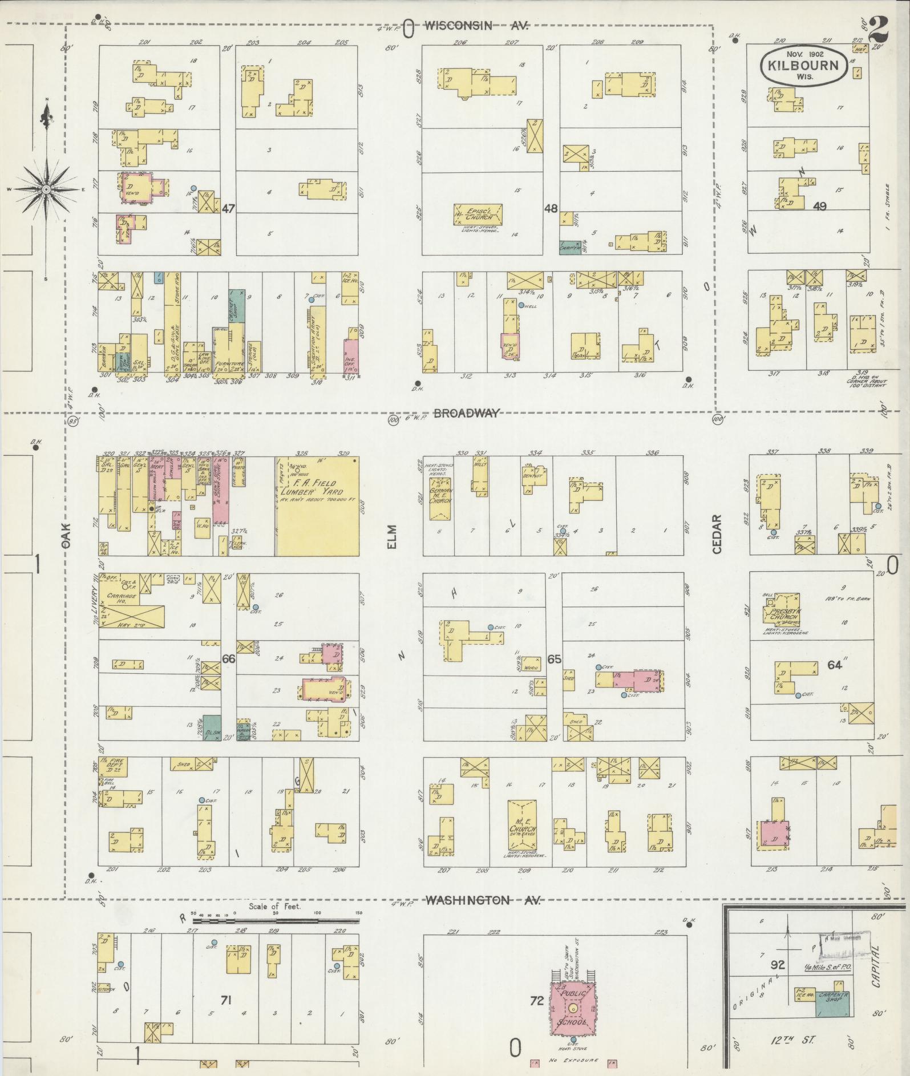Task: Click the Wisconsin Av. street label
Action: tap(476, 26)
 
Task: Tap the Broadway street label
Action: tap(467, 413)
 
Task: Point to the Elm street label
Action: tap(391, 537)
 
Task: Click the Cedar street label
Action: tap(717, 535)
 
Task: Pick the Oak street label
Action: tap(67, 537)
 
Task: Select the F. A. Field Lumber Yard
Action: tap(318, 505)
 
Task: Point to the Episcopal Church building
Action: tap(478, 216)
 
